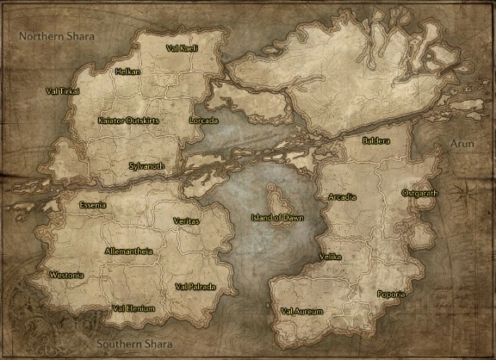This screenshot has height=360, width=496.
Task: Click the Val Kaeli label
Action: (x=182, y=48)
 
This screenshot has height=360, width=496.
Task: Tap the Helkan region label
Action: (x=127, y=71)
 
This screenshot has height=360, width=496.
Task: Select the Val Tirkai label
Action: (x=63, y=90)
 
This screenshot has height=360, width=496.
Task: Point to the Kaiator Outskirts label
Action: (x=128, y=121)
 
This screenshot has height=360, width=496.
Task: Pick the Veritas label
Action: (x=186, y=221)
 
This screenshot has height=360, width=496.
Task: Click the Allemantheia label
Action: (x=128, y=251)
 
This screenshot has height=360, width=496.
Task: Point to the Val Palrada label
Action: (x=195, y=286)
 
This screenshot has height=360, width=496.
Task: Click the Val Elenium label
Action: (x=133, y=308)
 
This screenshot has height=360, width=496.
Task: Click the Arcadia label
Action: (x=342, y=197)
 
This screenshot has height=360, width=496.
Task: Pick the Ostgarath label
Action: (x=420, y=193)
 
